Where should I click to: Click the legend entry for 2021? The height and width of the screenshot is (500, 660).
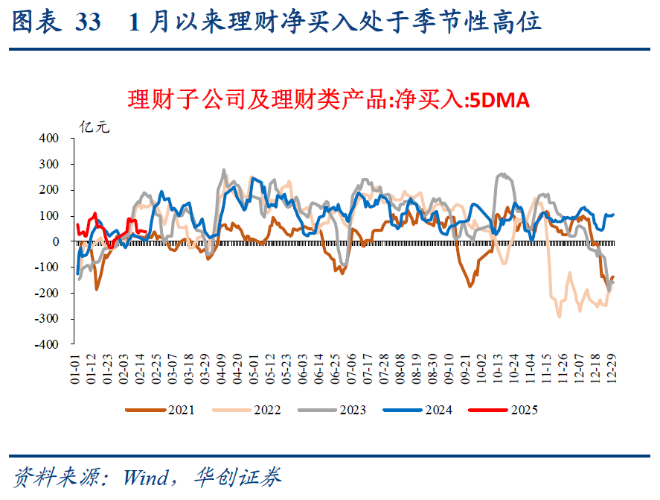(161, 410)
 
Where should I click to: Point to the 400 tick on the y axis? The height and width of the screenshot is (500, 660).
(49, 138)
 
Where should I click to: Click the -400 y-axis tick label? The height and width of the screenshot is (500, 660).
(47, 345)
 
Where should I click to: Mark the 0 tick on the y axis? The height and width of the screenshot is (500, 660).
(55, 241)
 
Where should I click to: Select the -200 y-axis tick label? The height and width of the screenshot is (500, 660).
(47, 293)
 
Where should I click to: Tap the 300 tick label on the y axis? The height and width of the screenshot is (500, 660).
(49, 164)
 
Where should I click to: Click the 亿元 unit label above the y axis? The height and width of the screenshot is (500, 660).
(95, 127)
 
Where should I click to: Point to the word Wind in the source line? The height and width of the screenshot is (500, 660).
(146, 477)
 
